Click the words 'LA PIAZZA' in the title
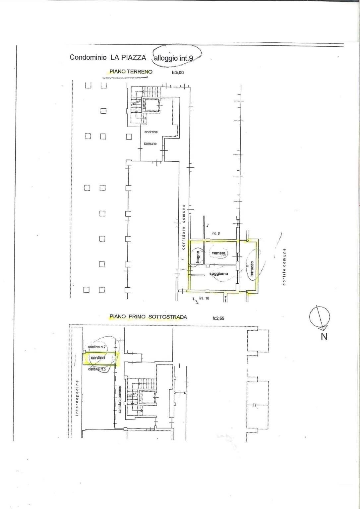point(128,57)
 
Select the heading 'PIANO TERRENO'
point(131,72)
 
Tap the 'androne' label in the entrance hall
point(151,132)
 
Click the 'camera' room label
point(218,253)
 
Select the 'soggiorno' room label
point(218,274)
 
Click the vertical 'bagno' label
point(198,256)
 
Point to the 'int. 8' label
point(215,233)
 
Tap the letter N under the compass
point(324,336)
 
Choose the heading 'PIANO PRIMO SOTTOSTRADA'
point(148,317)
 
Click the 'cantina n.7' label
point(97,347)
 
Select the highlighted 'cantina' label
point(98,358)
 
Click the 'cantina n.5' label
point(97,369)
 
